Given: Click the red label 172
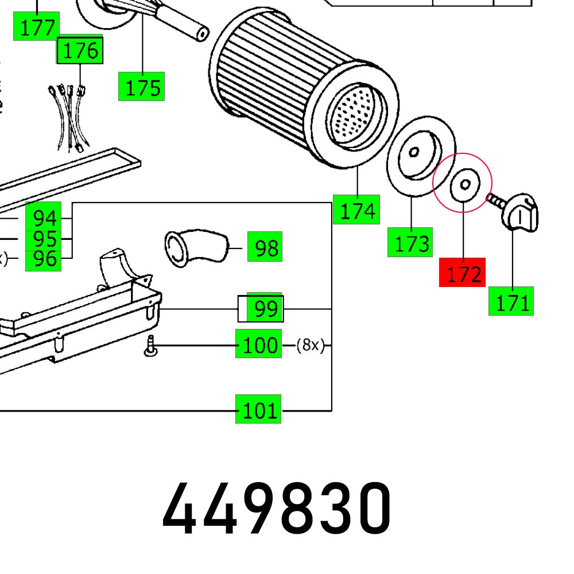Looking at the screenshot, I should pyautogui.click(x=462, y=273).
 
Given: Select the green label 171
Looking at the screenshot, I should pyautogui.click(x=511, y=301).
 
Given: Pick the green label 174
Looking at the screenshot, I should pyautogui.click(x=356, y=210).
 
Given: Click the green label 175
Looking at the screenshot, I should pyautogui.click(x=142, y=87).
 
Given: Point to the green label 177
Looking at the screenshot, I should pyautogui.click(x=36, y=26).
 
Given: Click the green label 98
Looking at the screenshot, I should pyautogui.click(x=265, y=247).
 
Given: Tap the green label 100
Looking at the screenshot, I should pyautogui.click(x=259, y=344).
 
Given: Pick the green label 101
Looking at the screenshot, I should pyautogui.click(x=258, y=410).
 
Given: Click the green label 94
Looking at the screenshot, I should pyautogui.click(x=44, y=218).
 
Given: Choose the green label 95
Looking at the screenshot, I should pyautogui.click(x=44, y=238).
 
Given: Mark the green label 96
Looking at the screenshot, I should pyautogui.click(x=44, y=259).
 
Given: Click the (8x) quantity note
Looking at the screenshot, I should pyautogui.click(x=311, y=345).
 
